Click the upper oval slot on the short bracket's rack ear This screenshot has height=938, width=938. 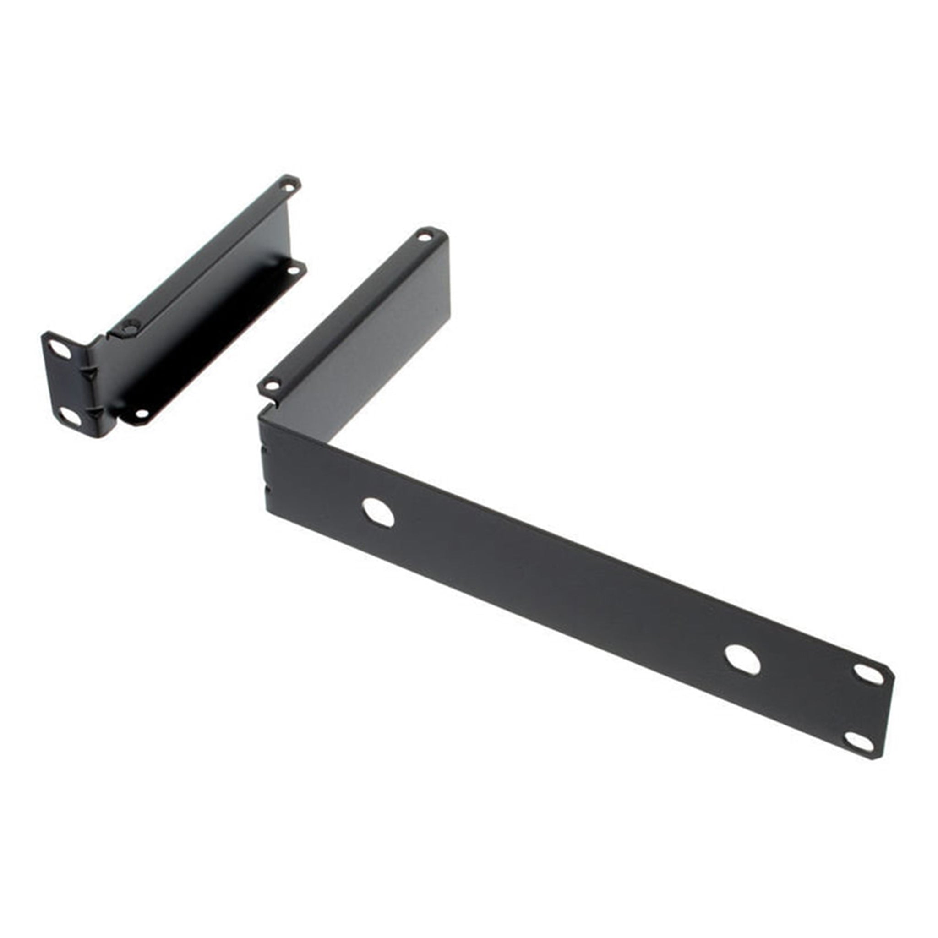click(59, 349)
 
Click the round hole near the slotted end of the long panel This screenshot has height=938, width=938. click(742, 660)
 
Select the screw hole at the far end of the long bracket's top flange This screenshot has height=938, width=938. click(425, 237)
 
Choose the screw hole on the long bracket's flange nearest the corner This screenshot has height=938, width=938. click(272, 386)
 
